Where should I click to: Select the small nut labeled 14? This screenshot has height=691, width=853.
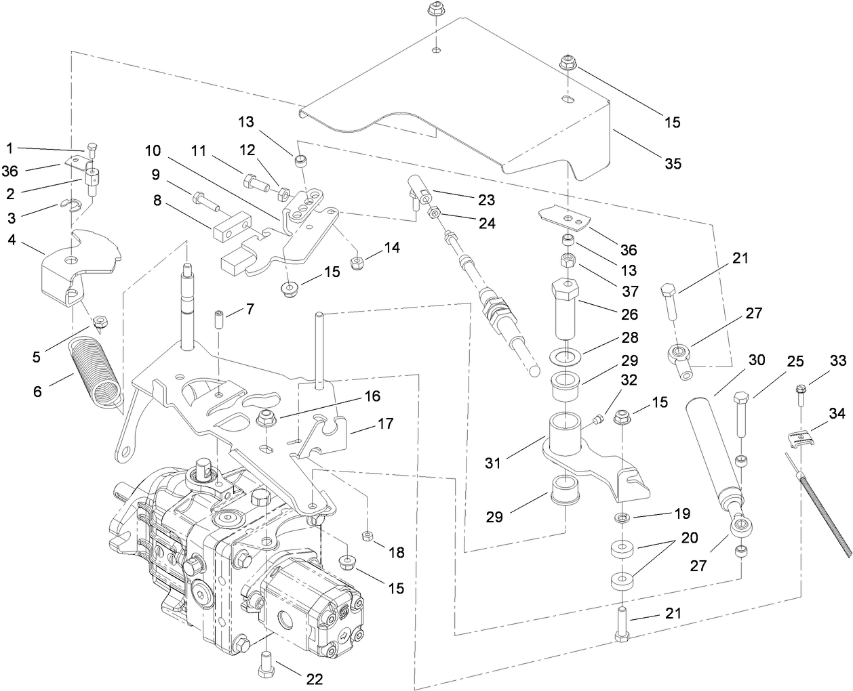pos(356,262)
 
